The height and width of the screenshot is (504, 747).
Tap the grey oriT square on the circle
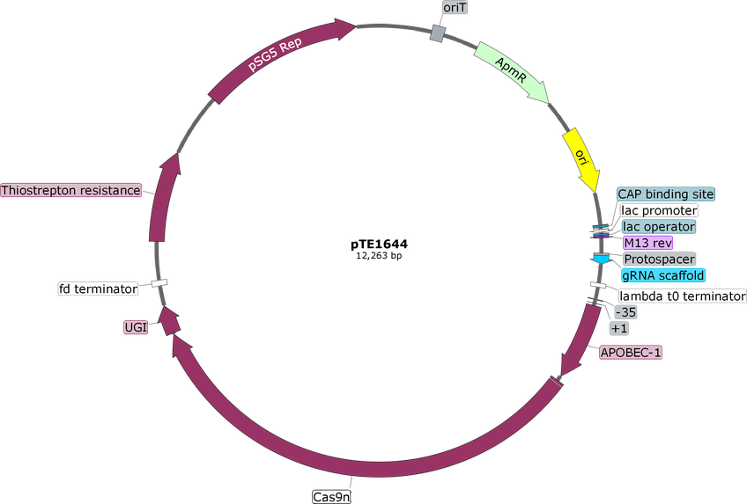(x=438, y=33)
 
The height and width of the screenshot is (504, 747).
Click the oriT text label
(x=455, y=7)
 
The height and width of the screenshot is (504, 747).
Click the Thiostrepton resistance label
(x=71, y=190)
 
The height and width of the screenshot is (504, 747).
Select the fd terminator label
(x=98, y=289)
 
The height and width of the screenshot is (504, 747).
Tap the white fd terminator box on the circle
(x=159, y=283)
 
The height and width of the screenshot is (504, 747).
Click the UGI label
(x=136, y=327)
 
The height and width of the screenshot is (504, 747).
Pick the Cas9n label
(x=331, y=497)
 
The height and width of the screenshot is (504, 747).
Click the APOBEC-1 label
(x=631, y=353)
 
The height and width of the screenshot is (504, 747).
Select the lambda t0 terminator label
(x=682, y=296)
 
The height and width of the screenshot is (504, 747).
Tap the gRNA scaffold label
(x=663, y=275)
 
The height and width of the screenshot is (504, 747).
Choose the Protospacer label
(x=659, y=259)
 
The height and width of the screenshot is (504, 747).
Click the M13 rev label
(x=648, y=243)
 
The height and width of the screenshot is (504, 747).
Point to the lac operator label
(x=659, y=226)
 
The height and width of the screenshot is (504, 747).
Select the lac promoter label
(x=659, y=210)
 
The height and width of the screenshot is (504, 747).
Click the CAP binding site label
(x=666, y=194)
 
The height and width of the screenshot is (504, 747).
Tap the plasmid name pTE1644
(x=379, y=245)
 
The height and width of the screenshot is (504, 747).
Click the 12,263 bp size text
(x=379, y=256)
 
